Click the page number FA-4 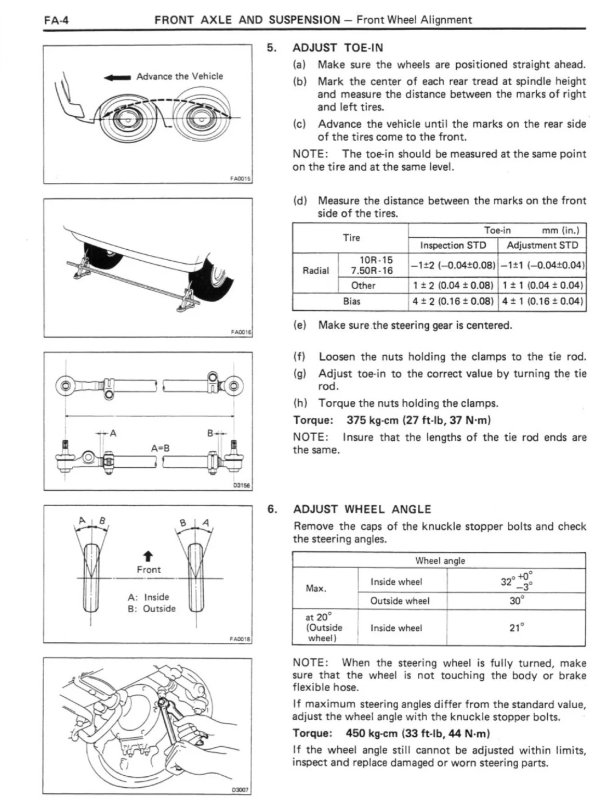(57, 20)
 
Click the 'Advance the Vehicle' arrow (117, 77)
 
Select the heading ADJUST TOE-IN (338, 48)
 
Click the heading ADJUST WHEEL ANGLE (362, 509)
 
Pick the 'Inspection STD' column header (453, 245)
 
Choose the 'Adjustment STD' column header (542, 245)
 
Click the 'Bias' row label (351, 301)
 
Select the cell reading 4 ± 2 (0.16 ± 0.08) (453, 301)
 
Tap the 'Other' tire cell (363, 285)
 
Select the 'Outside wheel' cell (400, 601)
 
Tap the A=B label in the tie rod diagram (161, 448)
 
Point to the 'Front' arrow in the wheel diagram (149, 557)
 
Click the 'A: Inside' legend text (149, 597)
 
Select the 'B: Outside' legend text (152, 609)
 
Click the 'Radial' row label (315, 270)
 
